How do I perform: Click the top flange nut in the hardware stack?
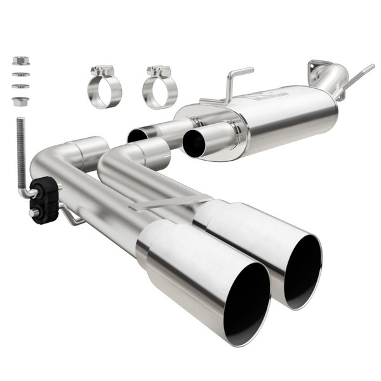20,62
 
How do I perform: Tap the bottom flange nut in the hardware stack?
20,100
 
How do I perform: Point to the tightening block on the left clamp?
102,70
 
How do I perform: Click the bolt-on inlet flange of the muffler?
319,66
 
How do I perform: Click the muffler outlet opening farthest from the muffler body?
137,135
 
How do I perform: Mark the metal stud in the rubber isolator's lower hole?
33,213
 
